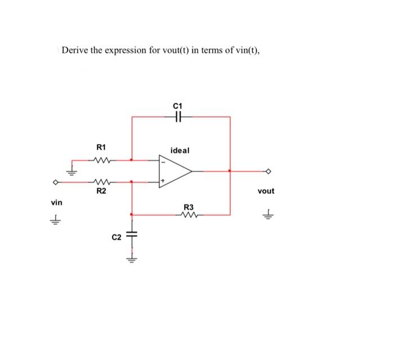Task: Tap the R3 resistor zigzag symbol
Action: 189,214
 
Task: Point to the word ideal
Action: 180,151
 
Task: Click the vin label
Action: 56,201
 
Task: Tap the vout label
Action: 266,191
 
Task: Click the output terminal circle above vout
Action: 269,171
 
